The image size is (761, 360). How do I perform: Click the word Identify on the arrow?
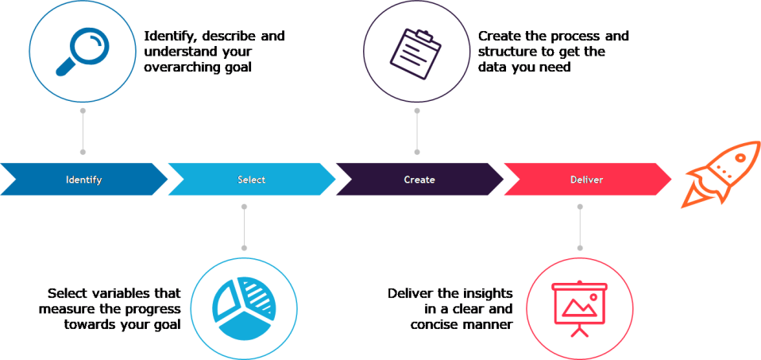click(83, 180)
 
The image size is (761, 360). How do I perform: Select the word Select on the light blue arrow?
click(252, 180)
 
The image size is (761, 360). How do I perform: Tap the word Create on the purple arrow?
click(419, 180)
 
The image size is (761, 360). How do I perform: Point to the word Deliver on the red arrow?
click(587, 180)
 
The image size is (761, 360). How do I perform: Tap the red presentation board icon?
click(579, 305)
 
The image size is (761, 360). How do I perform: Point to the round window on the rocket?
click(740, 158)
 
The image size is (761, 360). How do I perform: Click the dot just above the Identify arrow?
click(83, 151)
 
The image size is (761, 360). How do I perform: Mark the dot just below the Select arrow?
click(245, 207)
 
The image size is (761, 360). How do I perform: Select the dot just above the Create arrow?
click(416, 151)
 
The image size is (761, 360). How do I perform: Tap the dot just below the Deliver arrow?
click(579, 207)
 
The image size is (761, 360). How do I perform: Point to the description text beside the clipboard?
click(553, 52)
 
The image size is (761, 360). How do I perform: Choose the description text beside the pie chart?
click(114, 308)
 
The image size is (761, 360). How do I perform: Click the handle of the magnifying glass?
click(64, 67)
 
